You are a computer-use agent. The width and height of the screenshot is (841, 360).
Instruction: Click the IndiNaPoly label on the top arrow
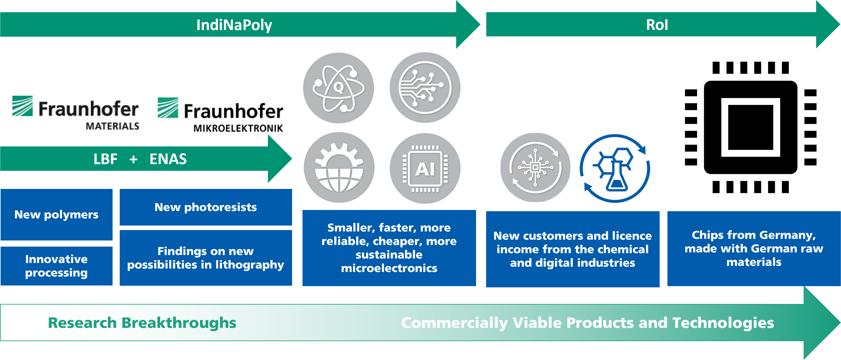pyautogui.click(x=234, y=25)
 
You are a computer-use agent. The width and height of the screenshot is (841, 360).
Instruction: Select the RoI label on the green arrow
pyautogui.click(x=657, y=25)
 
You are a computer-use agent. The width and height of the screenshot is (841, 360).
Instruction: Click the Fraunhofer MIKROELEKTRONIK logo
pyautogui.click(x=222, y=114)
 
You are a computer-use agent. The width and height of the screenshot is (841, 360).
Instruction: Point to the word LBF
pyautogui.click(x=105, y=159)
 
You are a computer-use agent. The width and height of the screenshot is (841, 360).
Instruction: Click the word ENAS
pyautogui.click(x=168, y=159)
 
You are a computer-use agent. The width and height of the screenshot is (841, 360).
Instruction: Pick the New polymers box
pyautogui.click(x=56, y=214)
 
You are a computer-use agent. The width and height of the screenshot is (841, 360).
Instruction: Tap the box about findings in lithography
pyautogui.click(x=206, y=258)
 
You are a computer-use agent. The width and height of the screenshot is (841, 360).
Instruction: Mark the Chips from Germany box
pyautogui.click(x=754, y=248)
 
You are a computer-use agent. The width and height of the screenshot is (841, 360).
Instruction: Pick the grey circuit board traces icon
pyautogui.click(x=425, y=87)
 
